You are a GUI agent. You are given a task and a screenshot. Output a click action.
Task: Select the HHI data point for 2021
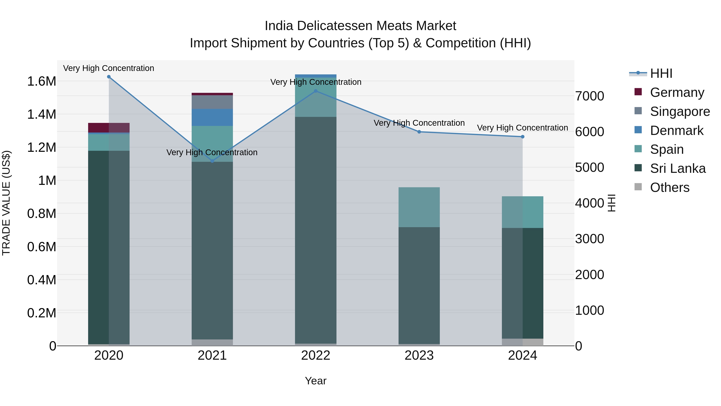[212, 161]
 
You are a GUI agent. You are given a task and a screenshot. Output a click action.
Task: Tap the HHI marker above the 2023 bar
[419, 132]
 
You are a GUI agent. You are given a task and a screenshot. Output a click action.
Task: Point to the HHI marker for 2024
[522, 137]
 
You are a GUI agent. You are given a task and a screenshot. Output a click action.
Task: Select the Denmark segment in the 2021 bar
[212, 117]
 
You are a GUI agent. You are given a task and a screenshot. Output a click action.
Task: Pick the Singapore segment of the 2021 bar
[212, 102]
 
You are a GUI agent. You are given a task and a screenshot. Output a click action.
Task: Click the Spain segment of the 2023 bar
[419, 207]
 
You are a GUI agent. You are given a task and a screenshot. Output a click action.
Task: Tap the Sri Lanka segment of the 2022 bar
[315, 230]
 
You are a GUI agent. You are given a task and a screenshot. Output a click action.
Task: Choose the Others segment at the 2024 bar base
[522, 342]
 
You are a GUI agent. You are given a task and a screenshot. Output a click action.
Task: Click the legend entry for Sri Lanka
[677, 168]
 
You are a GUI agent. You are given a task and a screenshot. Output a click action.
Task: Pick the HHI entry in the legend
[661, 73]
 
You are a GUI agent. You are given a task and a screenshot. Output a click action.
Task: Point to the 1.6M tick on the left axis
[41, 81]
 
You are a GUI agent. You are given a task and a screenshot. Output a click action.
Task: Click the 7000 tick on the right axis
[589, 96]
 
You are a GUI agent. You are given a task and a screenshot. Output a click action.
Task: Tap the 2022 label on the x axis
[315, 355]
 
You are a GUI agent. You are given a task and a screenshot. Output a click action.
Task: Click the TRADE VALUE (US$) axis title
[6, 203]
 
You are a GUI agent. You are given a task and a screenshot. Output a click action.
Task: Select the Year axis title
[315, 381]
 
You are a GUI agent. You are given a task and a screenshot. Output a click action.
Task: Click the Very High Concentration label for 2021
[212, 152]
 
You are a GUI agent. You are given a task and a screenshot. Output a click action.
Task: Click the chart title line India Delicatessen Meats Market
[360, 26]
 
